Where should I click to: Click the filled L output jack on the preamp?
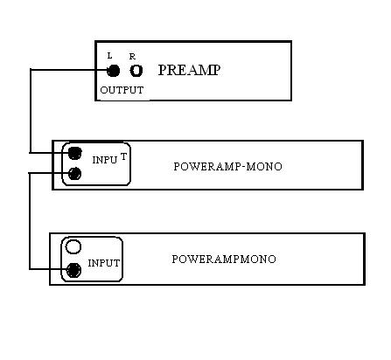click(x=113, y=71)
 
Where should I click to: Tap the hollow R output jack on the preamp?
click(x=136, y=71)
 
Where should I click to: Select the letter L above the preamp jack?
click(x=109, y=56)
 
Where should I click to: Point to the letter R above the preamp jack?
click(x=132, y=57)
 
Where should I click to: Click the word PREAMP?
click(x=189, y=70)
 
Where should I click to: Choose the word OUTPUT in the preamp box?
click(x=122, y=90)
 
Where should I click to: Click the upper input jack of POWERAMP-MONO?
click(x=74, y=153)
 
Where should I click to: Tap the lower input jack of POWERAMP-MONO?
click(x=75, y=174)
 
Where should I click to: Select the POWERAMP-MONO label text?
click(x=227, y=167)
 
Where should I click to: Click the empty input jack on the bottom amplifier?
click(x=73, y=246)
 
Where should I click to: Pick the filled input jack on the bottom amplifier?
click(x=73, y=270)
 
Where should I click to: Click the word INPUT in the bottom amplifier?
click(x=104, y=263)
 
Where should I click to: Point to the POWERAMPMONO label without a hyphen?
click(x=224, y=260)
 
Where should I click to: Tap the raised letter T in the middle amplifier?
click(x=123, y=156)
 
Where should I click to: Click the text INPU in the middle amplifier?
click(x=105, y=160)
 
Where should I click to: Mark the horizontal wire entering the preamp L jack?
click(x=69, y=70)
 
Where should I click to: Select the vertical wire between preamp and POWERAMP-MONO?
click(x=31, y=111)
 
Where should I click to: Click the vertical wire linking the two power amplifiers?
click(x=30, y=221)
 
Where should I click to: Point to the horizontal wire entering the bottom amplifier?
click(x=48, y=269)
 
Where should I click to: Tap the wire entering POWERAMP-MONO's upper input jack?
click(x=49, y=153)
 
